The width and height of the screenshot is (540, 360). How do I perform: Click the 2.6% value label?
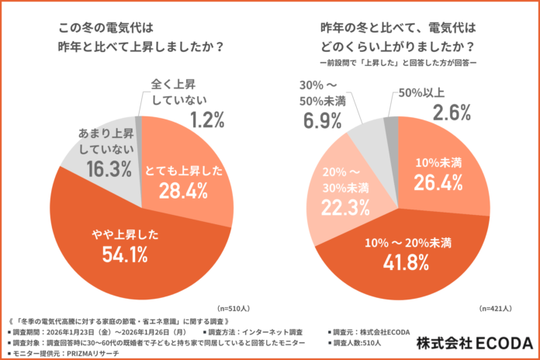pos(448,113)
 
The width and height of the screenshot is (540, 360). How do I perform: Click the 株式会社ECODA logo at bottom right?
pos(476,342)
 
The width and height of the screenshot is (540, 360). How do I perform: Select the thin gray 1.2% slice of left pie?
pos(139,123)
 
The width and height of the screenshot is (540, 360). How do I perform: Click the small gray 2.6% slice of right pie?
pos(392,124)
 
